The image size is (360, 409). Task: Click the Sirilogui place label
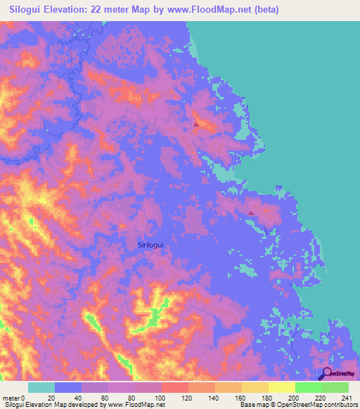(x=154, y=244)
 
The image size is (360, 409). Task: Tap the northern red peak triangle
(x=196, y=124)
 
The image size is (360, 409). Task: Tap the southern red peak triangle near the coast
(x=252, y=212)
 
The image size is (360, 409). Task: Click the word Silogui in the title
(x=28, y=10)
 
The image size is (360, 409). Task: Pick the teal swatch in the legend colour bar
(x=41, y=387)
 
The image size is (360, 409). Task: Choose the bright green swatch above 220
(x=309, y=387)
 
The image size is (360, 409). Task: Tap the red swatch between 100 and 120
(x=175, y=387)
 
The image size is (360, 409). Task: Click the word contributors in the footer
(x=340, y=405)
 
